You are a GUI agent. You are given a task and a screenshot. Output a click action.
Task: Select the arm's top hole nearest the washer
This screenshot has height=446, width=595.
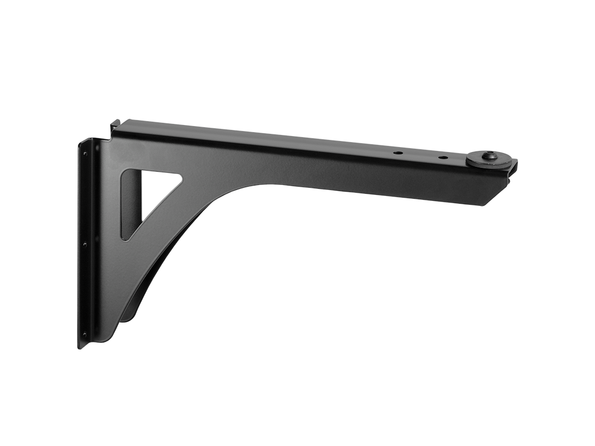442,158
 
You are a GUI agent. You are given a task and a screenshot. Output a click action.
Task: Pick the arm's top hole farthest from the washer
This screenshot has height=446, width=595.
396,151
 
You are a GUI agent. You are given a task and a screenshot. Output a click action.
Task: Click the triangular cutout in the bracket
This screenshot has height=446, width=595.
144,198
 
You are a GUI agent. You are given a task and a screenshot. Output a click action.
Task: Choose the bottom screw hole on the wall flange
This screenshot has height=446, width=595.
84,334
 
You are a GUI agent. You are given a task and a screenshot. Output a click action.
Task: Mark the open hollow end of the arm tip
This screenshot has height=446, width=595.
513,170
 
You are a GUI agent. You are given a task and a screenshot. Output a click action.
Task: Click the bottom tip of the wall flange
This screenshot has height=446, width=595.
80,347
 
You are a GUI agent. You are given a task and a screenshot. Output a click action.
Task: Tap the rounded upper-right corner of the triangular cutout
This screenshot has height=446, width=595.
177,177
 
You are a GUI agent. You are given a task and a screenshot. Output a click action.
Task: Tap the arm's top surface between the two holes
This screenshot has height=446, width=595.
419,155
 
